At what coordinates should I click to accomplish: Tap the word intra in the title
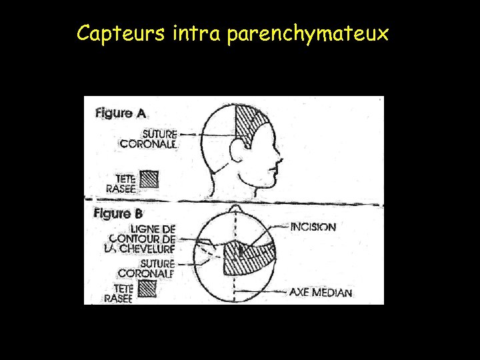point(196,33)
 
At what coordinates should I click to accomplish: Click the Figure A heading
point(120,113)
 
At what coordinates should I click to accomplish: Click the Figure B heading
point(118,214)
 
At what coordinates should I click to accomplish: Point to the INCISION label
point(313,227)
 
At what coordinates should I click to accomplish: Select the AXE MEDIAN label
point(320,292)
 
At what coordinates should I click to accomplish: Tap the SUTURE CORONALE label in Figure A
point(148,139)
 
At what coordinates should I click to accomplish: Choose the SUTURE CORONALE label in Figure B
point(146,268)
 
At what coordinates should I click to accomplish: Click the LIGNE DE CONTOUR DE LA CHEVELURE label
point(141,238)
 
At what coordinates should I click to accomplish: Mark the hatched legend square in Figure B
point(147,288)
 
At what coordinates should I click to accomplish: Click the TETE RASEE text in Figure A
point(125,183)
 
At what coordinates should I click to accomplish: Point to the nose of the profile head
point(279,161)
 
